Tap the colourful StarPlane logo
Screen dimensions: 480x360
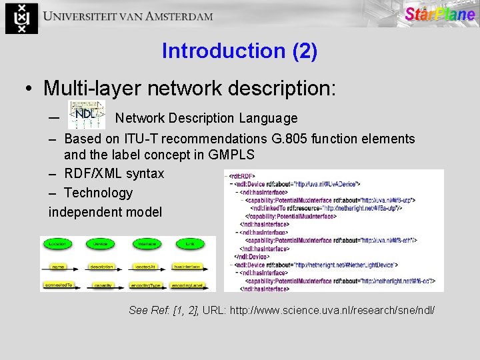(439, 14)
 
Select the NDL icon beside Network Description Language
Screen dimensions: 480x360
(87, 115)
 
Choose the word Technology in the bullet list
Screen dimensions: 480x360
(99, 193)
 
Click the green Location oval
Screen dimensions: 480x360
(57, 244)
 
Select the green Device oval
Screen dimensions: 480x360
(100, 244)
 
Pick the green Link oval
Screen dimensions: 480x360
(189, 244)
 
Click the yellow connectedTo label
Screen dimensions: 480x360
(58, 285)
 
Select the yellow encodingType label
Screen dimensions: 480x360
(146, 285)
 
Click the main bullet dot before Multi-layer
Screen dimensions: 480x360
(29, 88)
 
